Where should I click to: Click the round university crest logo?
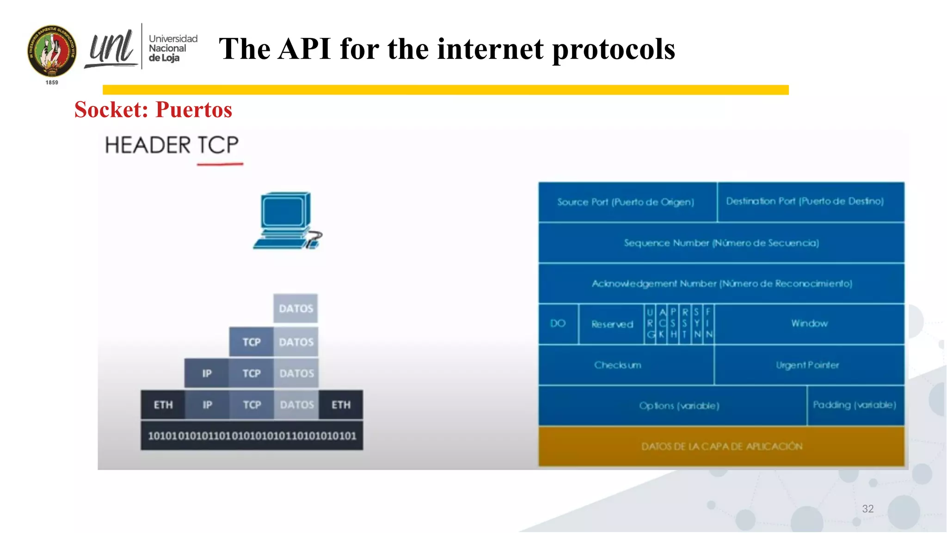(x=52, y=51)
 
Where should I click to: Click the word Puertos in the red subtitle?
(x=194, y=110)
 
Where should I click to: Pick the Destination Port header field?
(x=805, y=202)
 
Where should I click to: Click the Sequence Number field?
(x=721, y=243)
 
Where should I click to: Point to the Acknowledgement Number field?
(x=721, y=284)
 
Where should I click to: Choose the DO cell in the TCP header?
(x=558, y=324)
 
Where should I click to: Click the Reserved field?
(x=612, y=324)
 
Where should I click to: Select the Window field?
(x=809, y=323)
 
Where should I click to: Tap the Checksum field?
(x=618, y=365)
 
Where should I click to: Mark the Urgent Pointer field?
(x=807, y=365)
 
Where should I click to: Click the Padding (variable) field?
(x=855, y=405)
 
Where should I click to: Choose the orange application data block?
(x=721, y=446)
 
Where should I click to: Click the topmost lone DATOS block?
(x=295, y=309)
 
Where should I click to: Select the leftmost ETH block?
(x=163, y=405)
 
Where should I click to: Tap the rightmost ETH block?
(x=341, y=405)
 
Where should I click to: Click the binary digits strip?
(x=252, y=436)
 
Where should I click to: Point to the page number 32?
(x=867, y=509)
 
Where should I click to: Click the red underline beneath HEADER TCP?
(x=220, y=164)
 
